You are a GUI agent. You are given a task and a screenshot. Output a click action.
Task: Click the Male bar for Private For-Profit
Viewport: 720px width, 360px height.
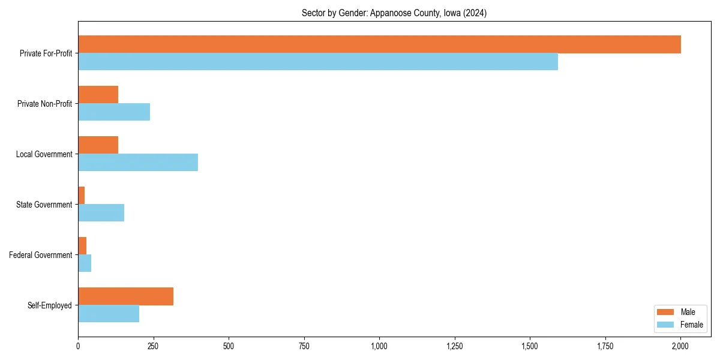pos(379,44)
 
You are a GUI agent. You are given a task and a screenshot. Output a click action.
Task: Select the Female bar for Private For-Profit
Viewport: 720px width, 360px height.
pos(318,62)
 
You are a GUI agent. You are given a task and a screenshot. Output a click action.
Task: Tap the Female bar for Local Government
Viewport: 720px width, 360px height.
pos(138,163)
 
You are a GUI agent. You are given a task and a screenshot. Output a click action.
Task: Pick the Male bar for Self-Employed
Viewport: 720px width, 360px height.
pos(125,296)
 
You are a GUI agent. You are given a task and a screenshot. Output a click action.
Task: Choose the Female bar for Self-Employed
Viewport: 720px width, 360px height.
pos(109,314)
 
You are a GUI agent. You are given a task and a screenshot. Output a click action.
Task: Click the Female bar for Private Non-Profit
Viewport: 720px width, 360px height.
pos(114,112)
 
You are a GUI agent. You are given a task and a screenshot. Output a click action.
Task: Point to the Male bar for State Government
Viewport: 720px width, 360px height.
pos(82,196)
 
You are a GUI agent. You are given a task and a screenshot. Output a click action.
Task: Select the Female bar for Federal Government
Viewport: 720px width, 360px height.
pos(85,263)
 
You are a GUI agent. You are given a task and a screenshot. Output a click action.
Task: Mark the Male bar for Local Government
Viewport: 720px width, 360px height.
pos(98,145)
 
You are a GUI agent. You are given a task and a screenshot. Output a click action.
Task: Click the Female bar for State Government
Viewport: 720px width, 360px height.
pos(101,213)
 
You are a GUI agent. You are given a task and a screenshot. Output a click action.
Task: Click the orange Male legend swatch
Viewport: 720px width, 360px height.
pos(666,312)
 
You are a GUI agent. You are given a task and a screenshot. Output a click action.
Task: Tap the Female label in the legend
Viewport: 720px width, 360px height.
pos(691,325)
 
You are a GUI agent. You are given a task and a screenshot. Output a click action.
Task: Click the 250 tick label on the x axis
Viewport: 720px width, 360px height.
pos(153,346)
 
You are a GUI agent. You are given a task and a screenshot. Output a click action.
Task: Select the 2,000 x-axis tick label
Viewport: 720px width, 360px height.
pos(680,346)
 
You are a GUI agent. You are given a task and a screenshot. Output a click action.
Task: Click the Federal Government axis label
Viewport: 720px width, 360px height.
pos(41,255)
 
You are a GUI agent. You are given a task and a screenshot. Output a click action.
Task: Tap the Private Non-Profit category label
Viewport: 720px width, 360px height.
pos(44,104)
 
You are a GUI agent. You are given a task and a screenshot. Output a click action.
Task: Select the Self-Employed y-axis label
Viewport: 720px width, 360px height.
pos(50,305)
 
